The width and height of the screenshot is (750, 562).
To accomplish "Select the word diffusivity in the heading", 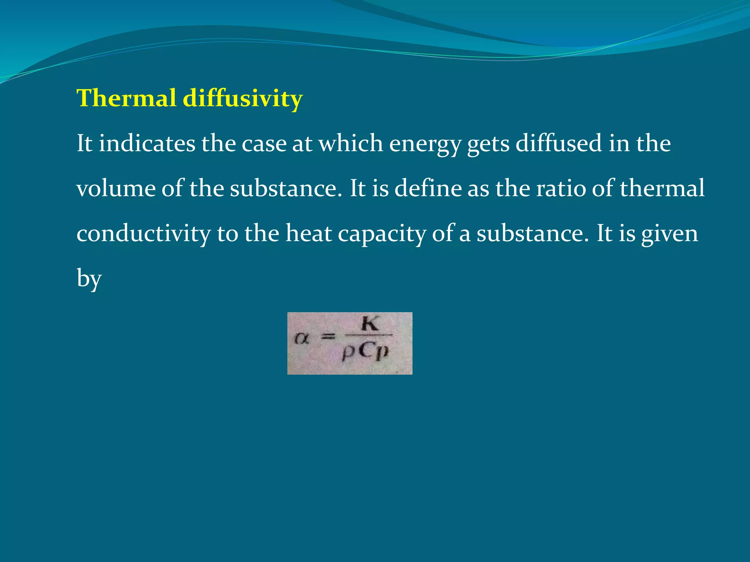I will [x=242, y=98].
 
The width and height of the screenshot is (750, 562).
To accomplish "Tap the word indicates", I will [x=147, y=143].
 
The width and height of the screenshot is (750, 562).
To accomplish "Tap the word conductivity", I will [x=144, y=234].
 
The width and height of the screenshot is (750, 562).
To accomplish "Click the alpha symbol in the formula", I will [x=301, y=339].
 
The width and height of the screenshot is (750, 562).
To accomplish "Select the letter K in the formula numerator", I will [x=370, y=324].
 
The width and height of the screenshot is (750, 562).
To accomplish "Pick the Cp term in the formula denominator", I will [x=374, y=352].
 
